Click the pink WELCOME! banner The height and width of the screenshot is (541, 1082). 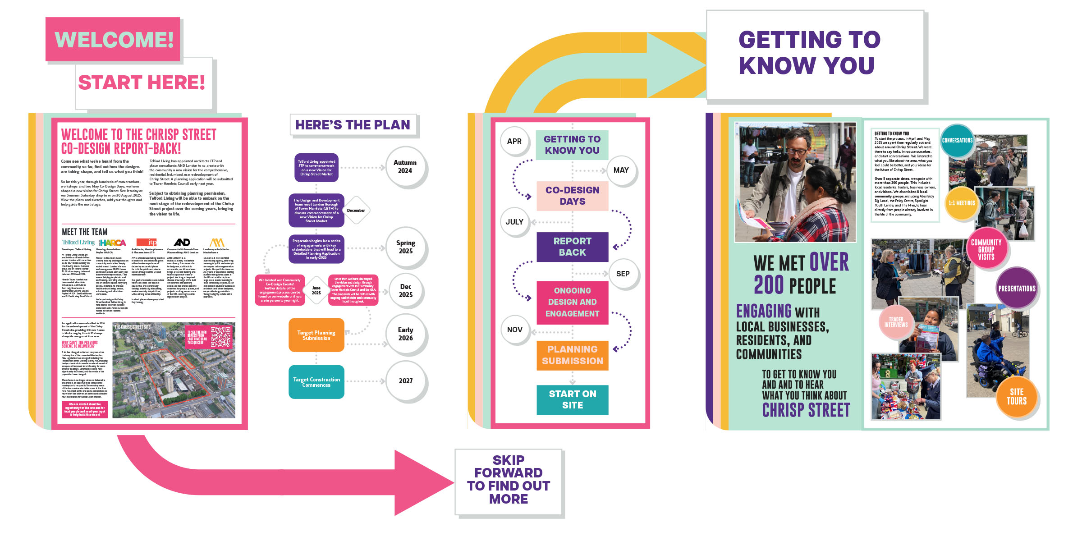coord(113,40)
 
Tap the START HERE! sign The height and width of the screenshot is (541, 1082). coord(142,83)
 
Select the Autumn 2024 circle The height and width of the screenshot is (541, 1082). coord(405,167)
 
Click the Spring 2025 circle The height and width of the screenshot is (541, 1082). coord(405,247)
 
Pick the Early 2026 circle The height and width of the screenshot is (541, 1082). coord(405,334)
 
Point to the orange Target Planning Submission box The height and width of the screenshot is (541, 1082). coord(316,335)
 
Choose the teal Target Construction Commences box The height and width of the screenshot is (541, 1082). coord(316,382)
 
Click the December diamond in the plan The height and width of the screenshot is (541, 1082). coord(356,211)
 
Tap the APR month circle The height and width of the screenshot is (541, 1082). coord(514,141)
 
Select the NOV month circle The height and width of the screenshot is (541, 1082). coord(514,330)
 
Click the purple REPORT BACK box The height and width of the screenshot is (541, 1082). coord(572,247)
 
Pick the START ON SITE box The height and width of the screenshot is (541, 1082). coord(572,399)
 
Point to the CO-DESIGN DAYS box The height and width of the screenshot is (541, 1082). coord(572,196)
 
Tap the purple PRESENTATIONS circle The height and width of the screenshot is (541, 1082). coord(1017,289)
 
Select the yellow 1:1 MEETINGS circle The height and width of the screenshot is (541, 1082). coord(961,203)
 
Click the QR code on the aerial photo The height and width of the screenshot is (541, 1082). coord(220,337)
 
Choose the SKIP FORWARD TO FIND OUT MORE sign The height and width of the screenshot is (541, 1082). coord(509,480)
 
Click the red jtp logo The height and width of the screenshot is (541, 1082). coord(147,243)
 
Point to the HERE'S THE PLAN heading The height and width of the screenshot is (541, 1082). coord(353,125)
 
